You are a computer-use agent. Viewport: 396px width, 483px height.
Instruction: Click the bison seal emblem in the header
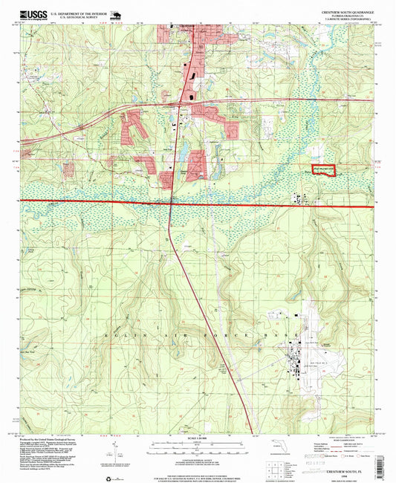point(117,14)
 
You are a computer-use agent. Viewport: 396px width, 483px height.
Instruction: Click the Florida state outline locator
point(296,447)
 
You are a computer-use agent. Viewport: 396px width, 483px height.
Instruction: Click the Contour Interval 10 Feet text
point(197,453)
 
